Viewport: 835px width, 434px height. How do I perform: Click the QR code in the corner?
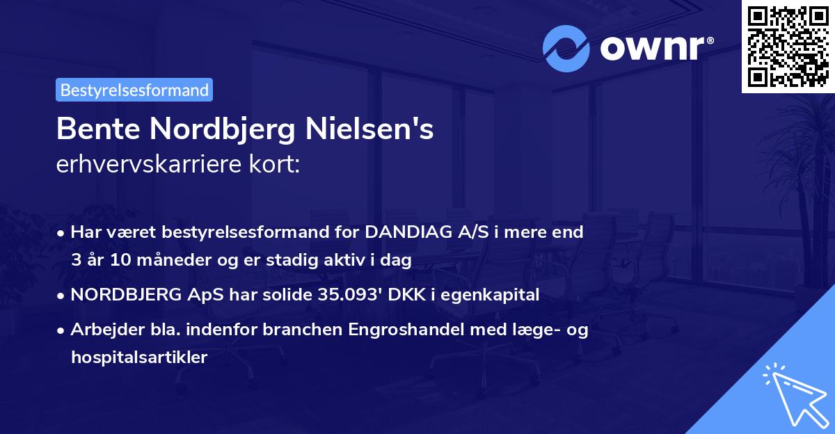787,47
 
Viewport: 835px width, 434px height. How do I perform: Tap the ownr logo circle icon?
566,49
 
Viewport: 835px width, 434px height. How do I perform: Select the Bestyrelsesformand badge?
134,90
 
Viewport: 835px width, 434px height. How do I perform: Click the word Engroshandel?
369,329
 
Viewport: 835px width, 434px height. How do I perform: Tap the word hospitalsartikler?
139,357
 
